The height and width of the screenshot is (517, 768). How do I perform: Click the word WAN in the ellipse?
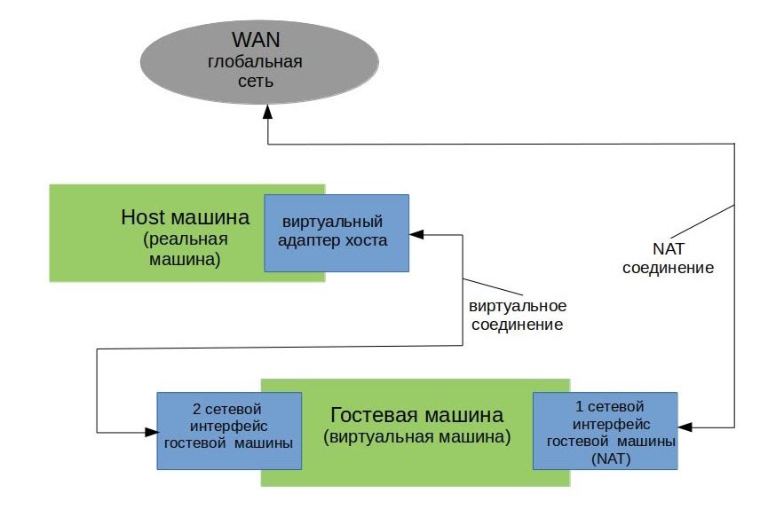point(255,40)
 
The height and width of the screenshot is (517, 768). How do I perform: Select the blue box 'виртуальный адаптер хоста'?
point(336,232)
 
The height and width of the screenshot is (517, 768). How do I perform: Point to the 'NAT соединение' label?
point(668,258)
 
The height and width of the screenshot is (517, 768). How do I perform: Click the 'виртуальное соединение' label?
point(517,315)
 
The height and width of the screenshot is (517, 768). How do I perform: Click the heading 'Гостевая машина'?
point(416,414)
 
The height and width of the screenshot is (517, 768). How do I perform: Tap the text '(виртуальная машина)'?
point(416,436)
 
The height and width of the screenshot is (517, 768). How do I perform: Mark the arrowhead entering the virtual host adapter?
point(416,234)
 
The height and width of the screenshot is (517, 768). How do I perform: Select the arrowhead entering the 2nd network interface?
point(150,432)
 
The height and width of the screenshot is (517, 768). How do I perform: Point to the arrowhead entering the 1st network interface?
point(687,428)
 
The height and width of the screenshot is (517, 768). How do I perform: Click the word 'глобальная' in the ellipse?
point(255,62)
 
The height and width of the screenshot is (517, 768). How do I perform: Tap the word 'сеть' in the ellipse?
point(255,82)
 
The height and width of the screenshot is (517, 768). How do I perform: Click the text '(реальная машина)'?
point(186,249)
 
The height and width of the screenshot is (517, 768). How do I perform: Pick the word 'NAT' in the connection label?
point(667,249)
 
